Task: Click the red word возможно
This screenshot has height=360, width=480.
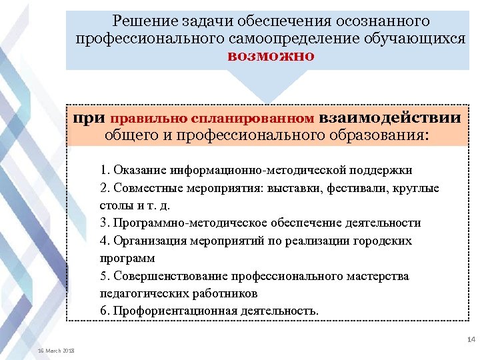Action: coord(271,55)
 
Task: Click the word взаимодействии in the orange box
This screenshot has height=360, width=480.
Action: coord(390,118)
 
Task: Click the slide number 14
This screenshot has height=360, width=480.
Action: coord(471,340)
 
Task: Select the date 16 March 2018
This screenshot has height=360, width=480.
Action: coord(57,351)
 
